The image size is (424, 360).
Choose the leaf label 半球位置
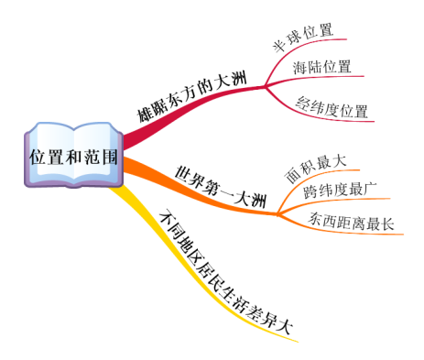coord(301,29)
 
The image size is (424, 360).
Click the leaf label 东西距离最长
coord(351,222)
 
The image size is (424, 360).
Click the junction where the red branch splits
coord(265,88)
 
